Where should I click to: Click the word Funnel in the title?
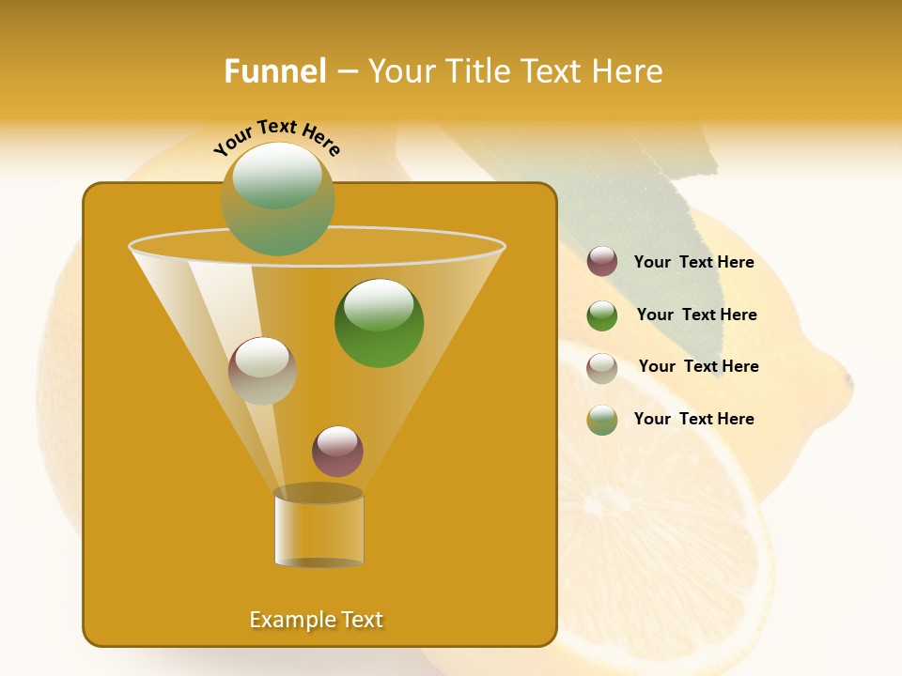click(x=275, y=71)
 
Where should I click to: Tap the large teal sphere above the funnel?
click(x=278, y=198)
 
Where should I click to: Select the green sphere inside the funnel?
click(x=379, y=323)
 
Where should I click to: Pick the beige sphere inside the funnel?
click(x=262, y=371)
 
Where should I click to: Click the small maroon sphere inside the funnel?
click(x=337, y=451)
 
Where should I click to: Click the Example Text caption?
click(x=317, y=620)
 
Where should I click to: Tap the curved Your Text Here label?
click(x=277, y=137)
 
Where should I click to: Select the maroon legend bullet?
click(x=602, y=262)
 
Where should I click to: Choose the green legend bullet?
click(x=602, y=315)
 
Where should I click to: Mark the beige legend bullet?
click(x=602, y=368)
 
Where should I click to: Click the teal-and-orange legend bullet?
click(x=602, y=420)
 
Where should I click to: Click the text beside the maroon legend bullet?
click(x=693, y=263)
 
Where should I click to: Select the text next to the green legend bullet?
click(x=696, y=315)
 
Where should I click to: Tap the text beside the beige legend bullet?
click(x=698, y=367)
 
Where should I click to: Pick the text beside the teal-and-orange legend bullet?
click(x=693, y=420)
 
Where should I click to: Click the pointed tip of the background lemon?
click(x=848, y=379)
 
